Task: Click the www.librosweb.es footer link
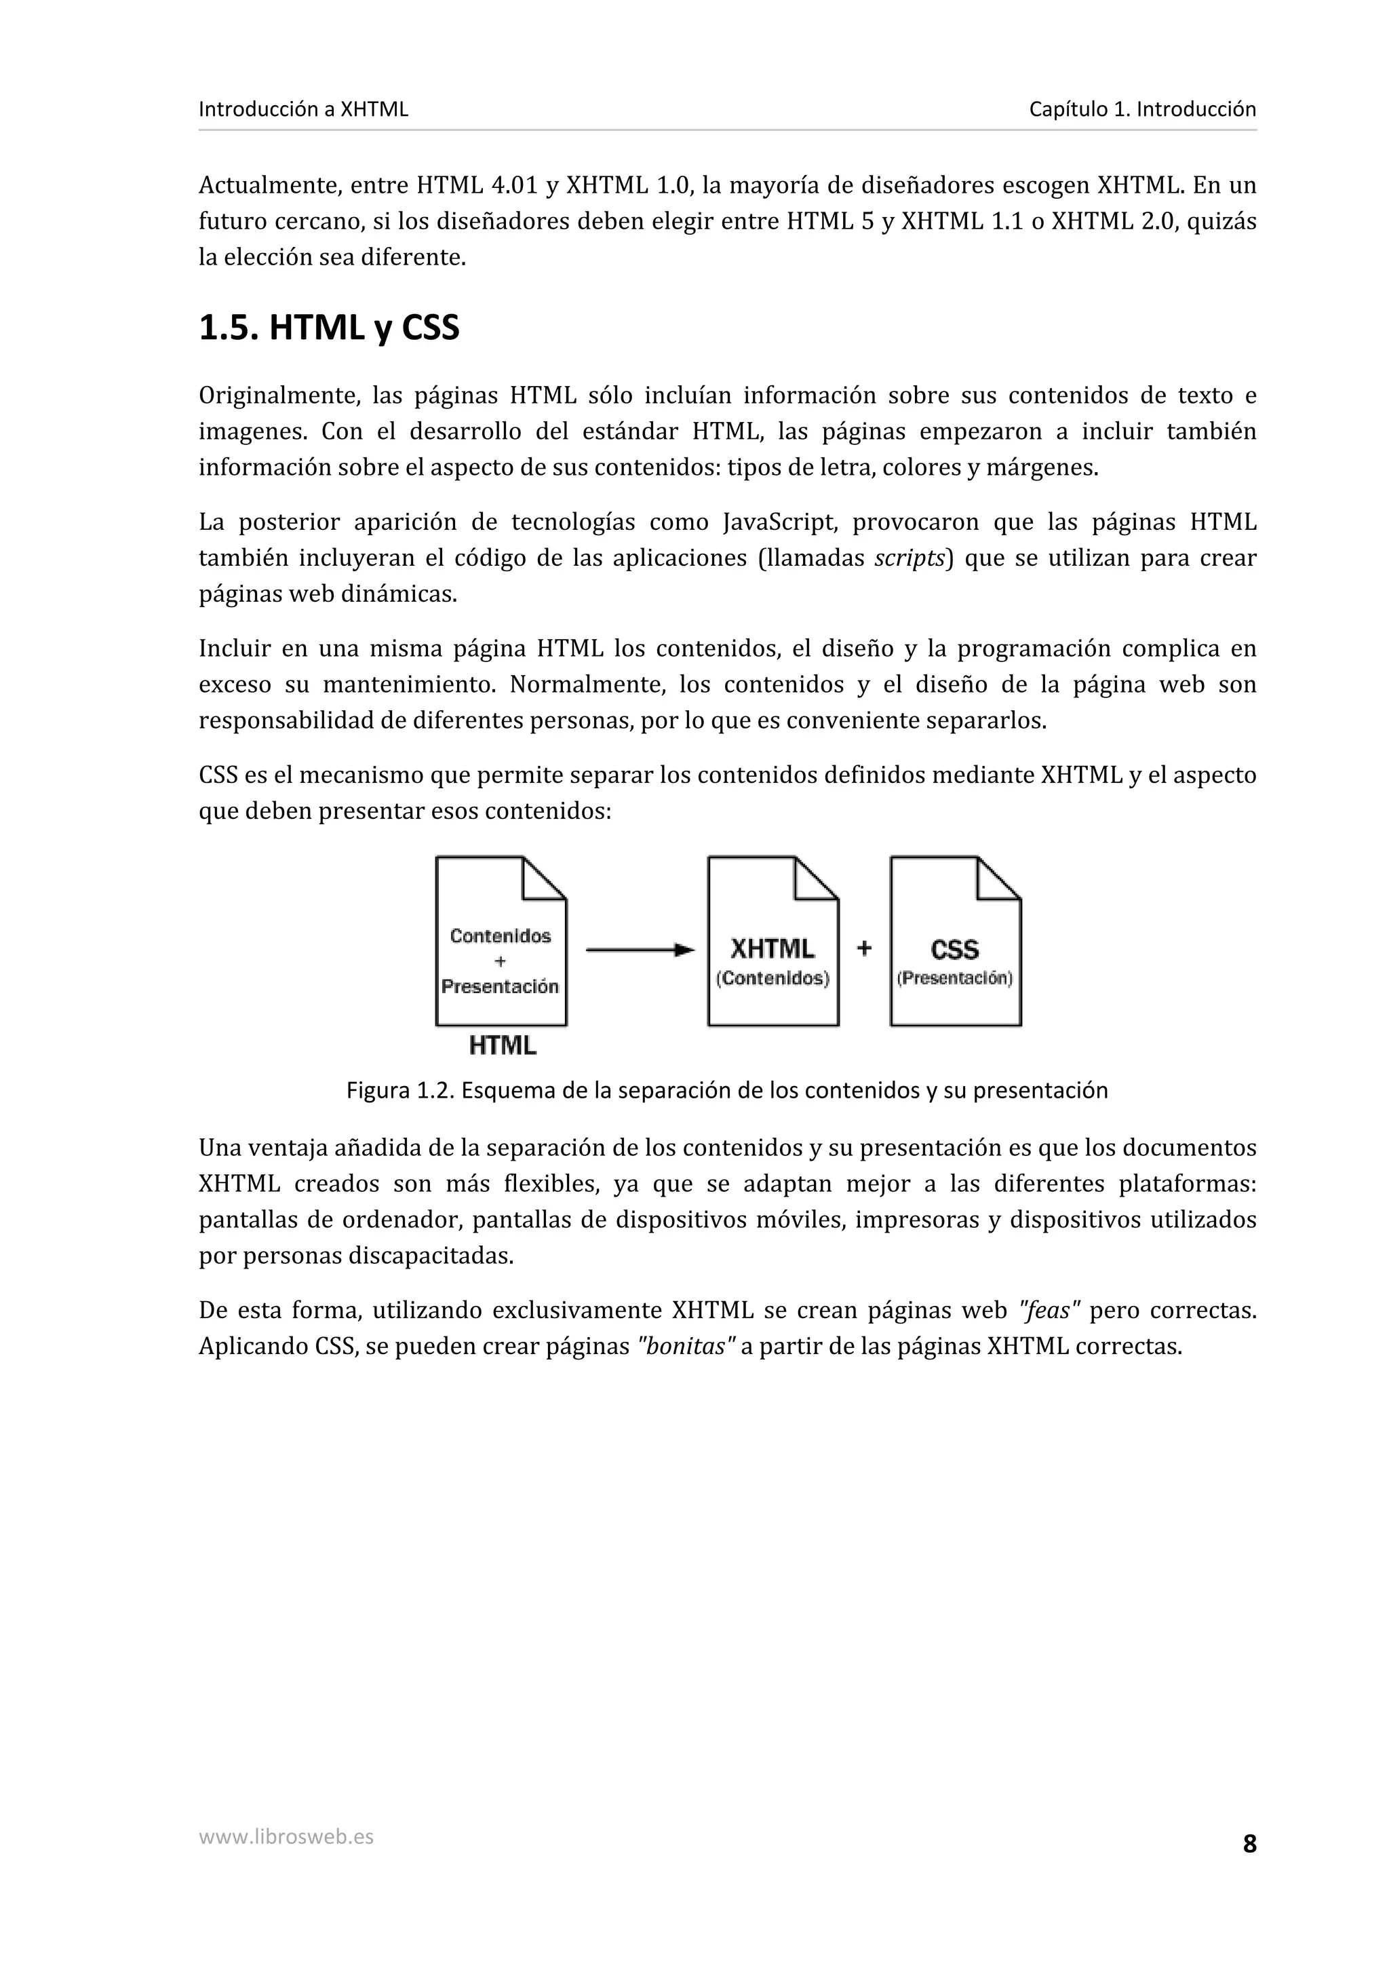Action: pyautogui.click(x=286, y=1836)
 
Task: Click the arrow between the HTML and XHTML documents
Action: pyautogui.click(x=640, y=950)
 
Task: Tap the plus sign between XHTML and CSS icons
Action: pyautogui.click(x=864, y=948)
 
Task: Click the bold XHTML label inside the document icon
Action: pyautogui.click(x=772, y=949)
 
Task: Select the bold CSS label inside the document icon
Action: pyautogui.click(x=954, y=950)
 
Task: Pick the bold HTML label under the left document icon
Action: pyautogui.click(x=503, y=1045)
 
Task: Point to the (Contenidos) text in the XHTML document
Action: pyautogui.click(x=772, y=978)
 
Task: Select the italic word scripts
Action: pyautogui.click(x=909, y=558)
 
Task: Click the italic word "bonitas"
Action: pyautogui.click(x=686, y=1346)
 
